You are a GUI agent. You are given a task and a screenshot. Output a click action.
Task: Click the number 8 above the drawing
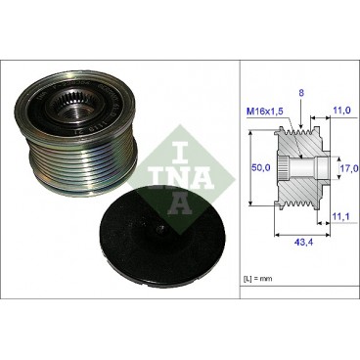[300, 93]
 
